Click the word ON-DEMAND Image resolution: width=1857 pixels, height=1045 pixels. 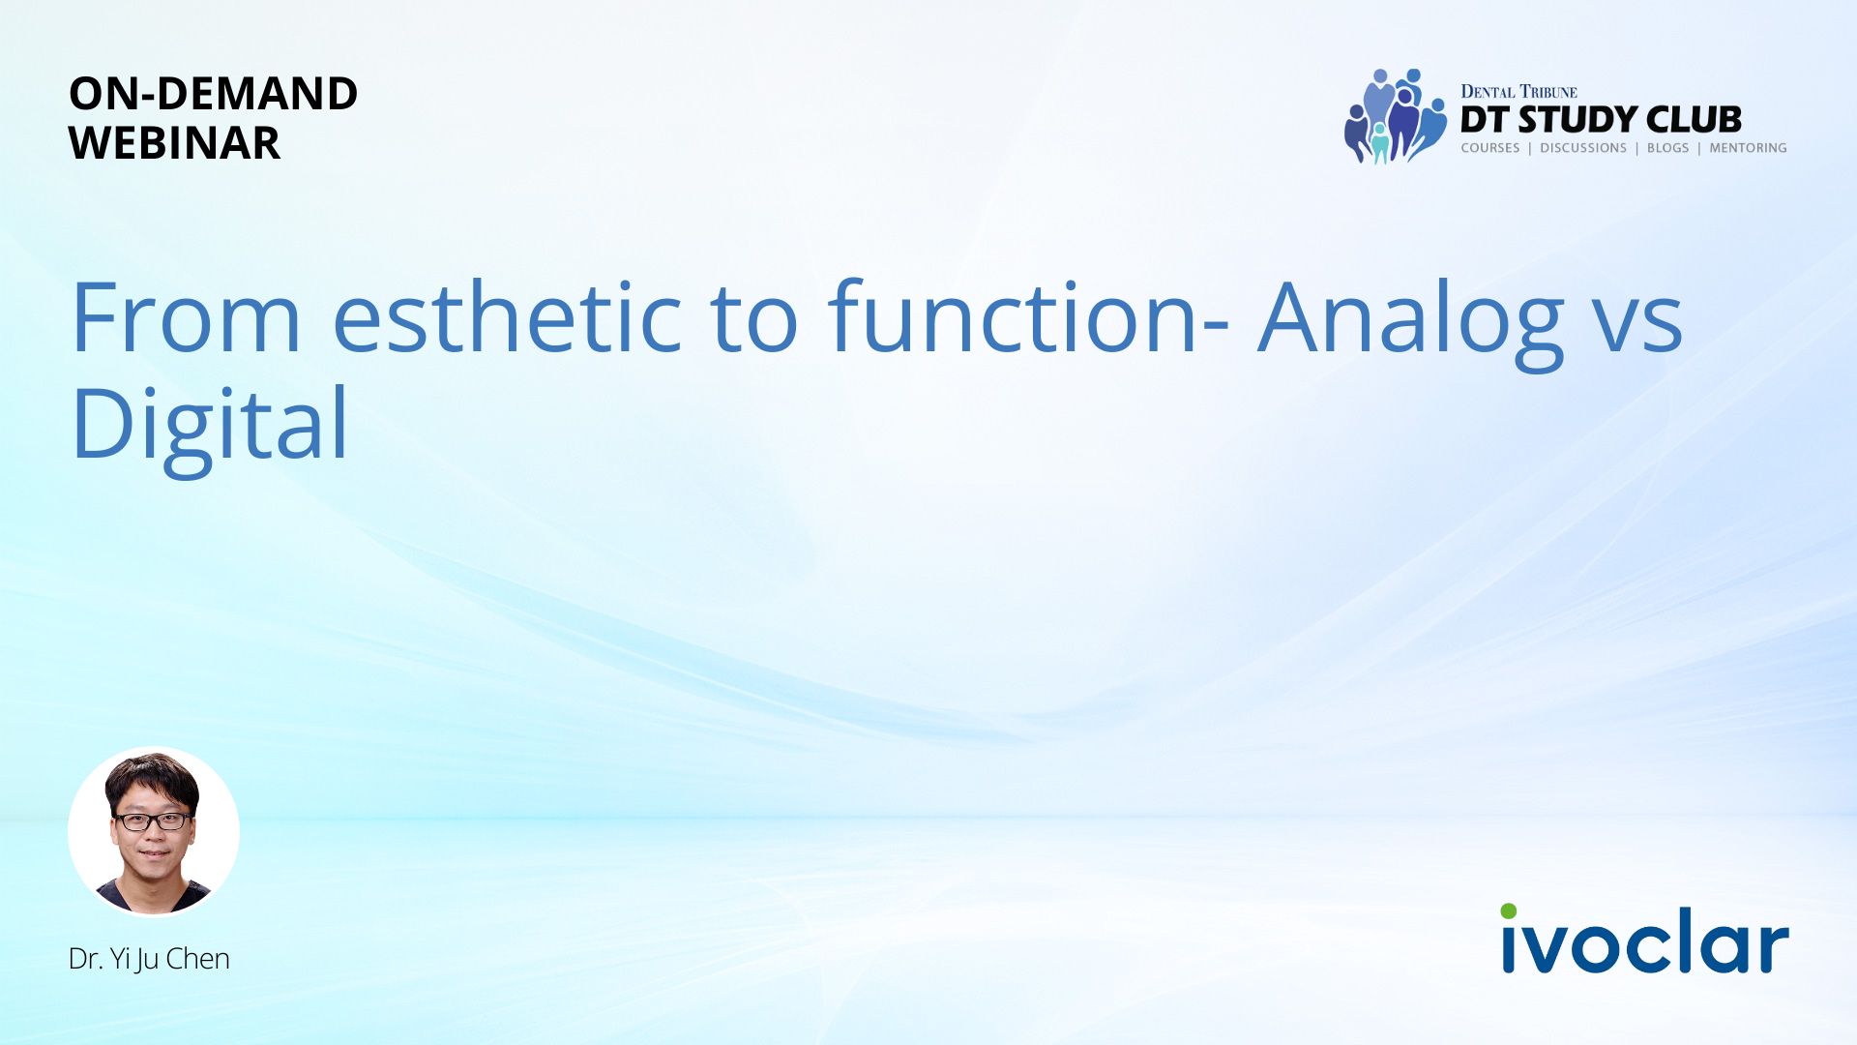click(x=213, y=94)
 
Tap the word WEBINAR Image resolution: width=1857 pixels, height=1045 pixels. click(x=174, y=143)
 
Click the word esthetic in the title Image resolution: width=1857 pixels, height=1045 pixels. click(x=507, y=317)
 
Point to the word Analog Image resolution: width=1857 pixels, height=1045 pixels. click(x=1411, y=325)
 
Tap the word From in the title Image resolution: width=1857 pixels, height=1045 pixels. click(x=187, y=318)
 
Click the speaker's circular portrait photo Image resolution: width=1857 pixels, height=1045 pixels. click(x=154, y=832)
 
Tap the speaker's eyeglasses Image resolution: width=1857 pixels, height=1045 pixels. click(x=153, y=821)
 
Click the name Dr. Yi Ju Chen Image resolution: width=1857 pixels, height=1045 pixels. click(x=149, y=959)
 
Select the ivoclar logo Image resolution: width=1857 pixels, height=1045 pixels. click(x=1644, y=939)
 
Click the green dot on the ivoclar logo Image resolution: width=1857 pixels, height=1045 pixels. click(x=1509, y=911)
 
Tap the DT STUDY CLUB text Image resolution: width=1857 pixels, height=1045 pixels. click(x=1601, y=120)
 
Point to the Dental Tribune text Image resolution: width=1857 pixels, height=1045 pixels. click(x=1518, y=92)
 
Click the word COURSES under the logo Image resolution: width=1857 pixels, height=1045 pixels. click(x=1490, y=148)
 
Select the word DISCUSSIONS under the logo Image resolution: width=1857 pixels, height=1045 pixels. click(x=1583, y=148)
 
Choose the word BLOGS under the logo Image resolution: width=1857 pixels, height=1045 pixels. click(x=1667, y=148)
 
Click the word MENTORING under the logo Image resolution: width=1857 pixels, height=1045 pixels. click(x=1748, y=148)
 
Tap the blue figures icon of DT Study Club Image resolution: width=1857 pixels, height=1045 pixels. click(x=1395, y=116)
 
